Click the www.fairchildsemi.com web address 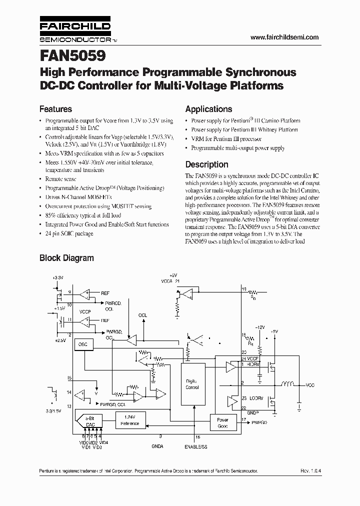point(284,37)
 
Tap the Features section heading point(55,109)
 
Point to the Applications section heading point(208,109)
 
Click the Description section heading point(206,164)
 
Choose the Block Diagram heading point(66,258)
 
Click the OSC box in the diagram point(82,345)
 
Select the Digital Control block point(192,384)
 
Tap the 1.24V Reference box point(129,420)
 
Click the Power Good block point(222,423)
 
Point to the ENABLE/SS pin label point(196,446)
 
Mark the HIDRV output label point(252,364)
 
